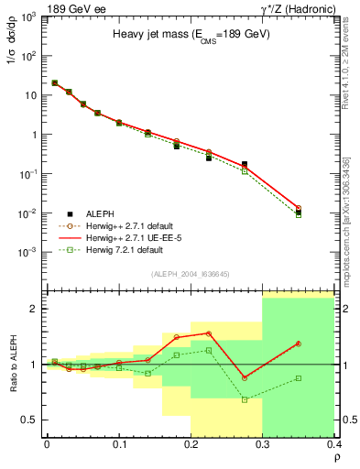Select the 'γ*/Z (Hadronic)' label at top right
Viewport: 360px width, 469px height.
click(309, 7)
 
